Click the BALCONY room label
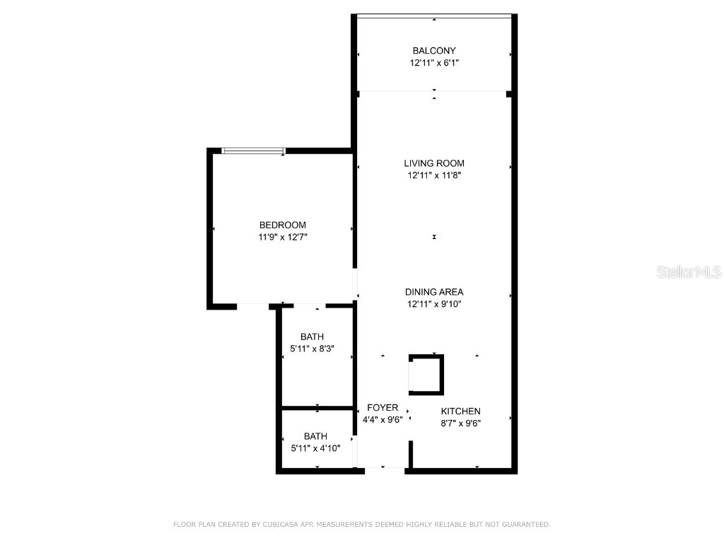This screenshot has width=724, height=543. pos(434,51)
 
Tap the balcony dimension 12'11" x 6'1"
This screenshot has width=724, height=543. pos(434,63)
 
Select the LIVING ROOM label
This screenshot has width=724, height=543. pos(434,163)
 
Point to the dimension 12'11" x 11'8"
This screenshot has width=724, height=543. pos(434,175)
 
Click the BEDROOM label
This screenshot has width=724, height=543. pos(283,225)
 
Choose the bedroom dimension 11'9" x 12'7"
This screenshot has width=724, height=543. pos(283,238)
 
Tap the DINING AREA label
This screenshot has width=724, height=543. pos(434,292)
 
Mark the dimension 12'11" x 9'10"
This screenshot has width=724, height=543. pos(434,304)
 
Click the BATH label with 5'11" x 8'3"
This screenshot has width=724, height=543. pos(312,337)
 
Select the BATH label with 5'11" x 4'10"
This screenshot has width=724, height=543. pos(316,436)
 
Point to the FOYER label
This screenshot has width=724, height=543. pos(383,408)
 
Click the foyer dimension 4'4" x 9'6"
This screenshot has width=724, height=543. pos(383,420)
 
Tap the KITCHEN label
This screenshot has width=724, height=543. pos(461,411)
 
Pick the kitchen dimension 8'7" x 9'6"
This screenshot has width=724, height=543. pos(461,424)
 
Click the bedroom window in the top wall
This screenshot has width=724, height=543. pos(253,151)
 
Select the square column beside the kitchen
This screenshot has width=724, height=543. pos(426,375)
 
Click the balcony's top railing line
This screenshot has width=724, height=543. pos(434,16)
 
